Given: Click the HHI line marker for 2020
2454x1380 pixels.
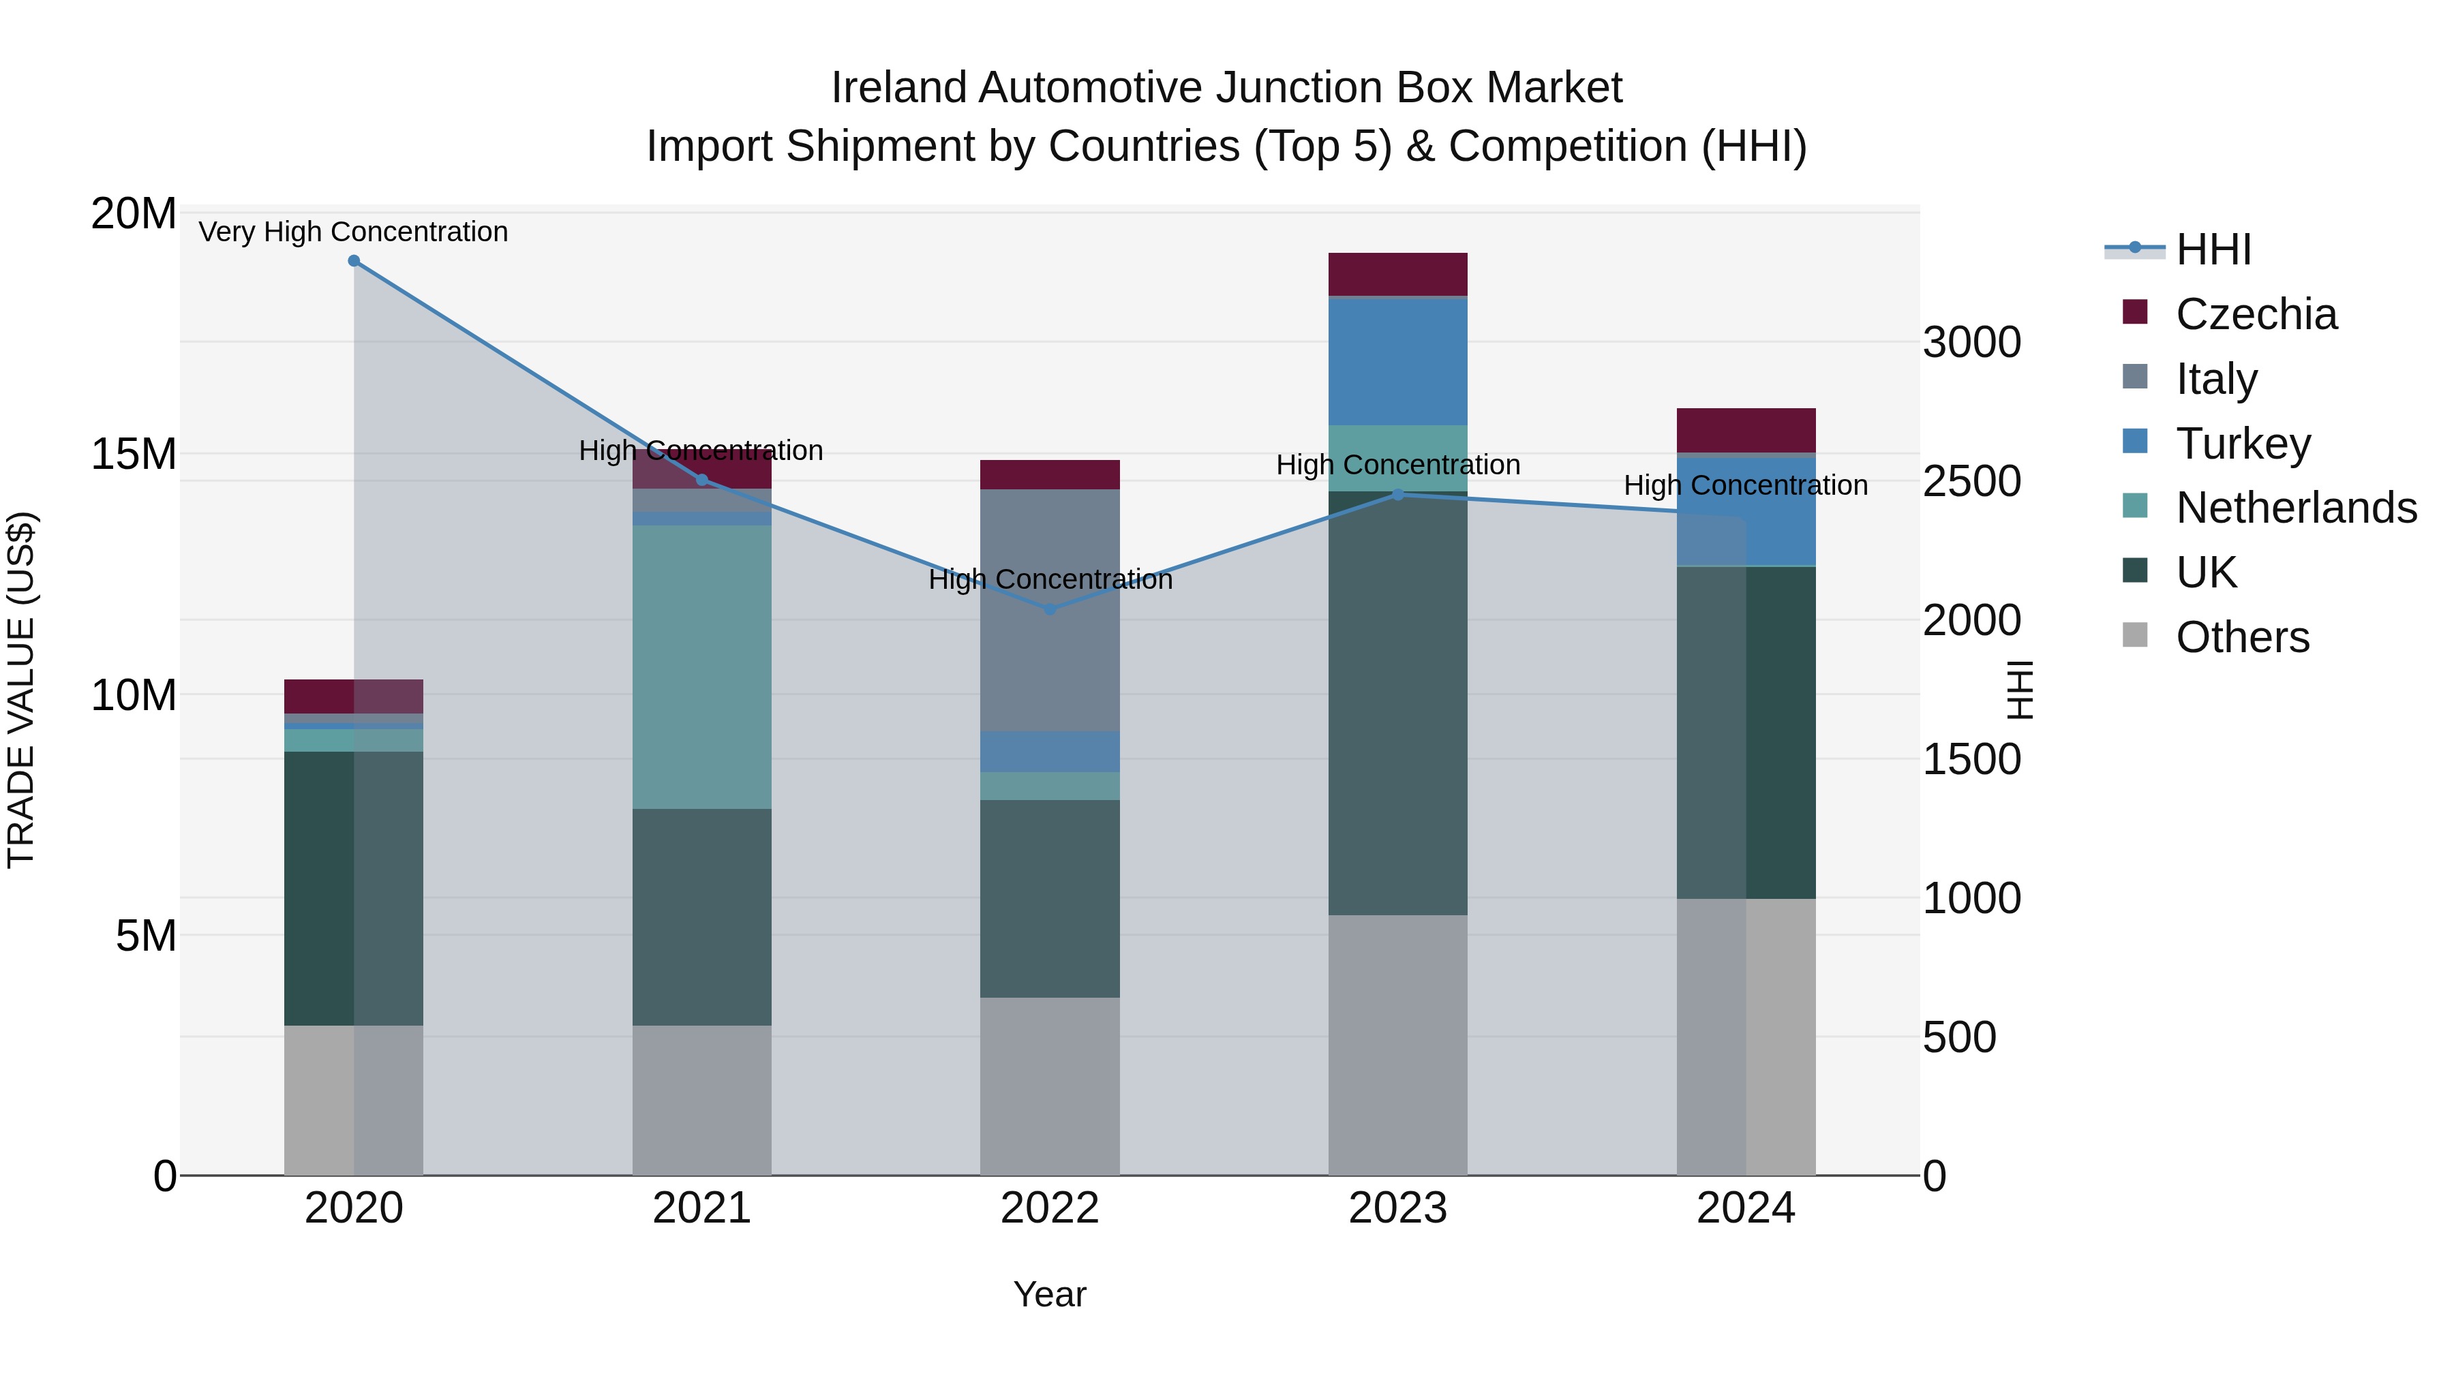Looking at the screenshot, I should pos(353,261).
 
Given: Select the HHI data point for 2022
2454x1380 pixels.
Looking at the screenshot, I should pos(1050,609).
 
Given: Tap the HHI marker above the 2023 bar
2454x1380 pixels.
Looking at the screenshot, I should pos(1397,494).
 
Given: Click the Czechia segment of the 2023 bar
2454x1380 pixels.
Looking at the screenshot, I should pos(1397,274).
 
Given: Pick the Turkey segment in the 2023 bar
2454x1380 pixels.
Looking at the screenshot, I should pos(1397,361).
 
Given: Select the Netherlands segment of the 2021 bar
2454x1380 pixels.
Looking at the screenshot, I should pos(701,666).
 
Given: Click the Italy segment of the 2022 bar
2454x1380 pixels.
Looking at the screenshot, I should pos(1050,609).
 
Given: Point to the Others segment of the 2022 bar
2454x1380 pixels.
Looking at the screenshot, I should pos(1050,1086).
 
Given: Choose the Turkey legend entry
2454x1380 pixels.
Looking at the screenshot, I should pos(2243,444).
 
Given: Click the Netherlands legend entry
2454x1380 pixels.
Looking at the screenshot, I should pos(2296,508).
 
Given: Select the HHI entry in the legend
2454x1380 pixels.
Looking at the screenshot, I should pos(2213,249).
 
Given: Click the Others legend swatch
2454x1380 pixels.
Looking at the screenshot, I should pos(2135,635).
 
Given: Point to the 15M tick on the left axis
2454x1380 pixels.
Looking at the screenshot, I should pos(134,455).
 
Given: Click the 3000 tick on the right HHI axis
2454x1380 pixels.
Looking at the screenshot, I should pos(1971,343).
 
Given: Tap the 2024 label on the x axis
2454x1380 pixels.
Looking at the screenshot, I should pos(1745,1208).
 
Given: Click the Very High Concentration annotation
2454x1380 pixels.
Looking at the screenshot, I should pos(353,232).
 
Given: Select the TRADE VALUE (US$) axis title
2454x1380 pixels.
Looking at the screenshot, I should pos(21,690).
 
